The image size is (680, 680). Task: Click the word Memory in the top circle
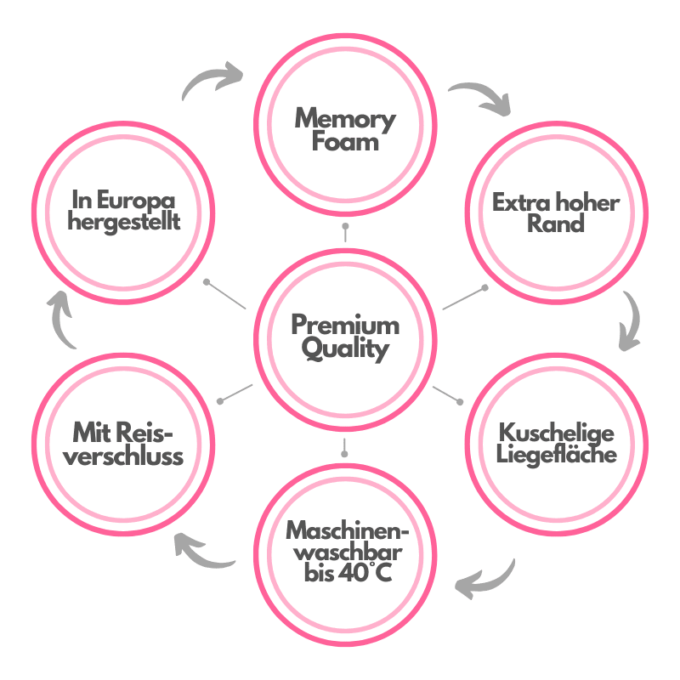coord(345,119)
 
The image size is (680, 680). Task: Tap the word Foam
coord(345,141)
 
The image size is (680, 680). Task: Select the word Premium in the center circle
coord(345,326)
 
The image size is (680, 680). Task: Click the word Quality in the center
coord(345,348)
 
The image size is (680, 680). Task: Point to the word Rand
coord(556,224)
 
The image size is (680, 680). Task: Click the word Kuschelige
coord(556,432)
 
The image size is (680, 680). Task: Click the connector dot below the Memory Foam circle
coord(345,228)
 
